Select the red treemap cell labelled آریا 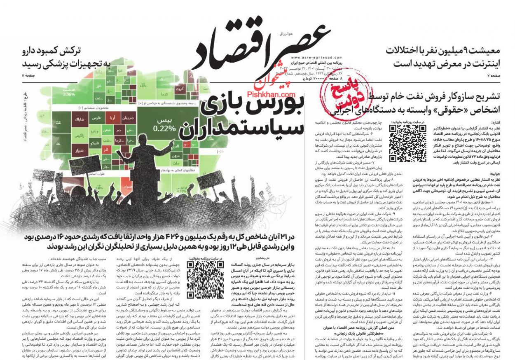[x=112, y=118]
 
